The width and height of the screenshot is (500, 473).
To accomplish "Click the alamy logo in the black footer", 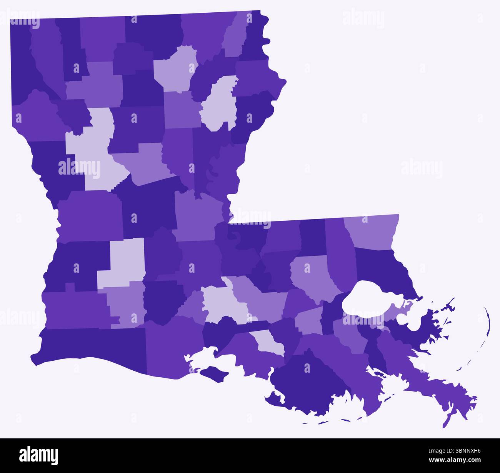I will (x=39, y=455).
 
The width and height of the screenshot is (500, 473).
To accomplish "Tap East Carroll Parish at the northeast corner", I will (x=256, y=38).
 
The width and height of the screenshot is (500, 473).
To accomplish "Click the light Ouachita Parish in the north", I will (x=175, y=69).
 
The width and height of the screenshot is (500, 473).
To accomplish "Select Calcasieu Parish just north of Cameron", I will (x=73, y=308).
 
